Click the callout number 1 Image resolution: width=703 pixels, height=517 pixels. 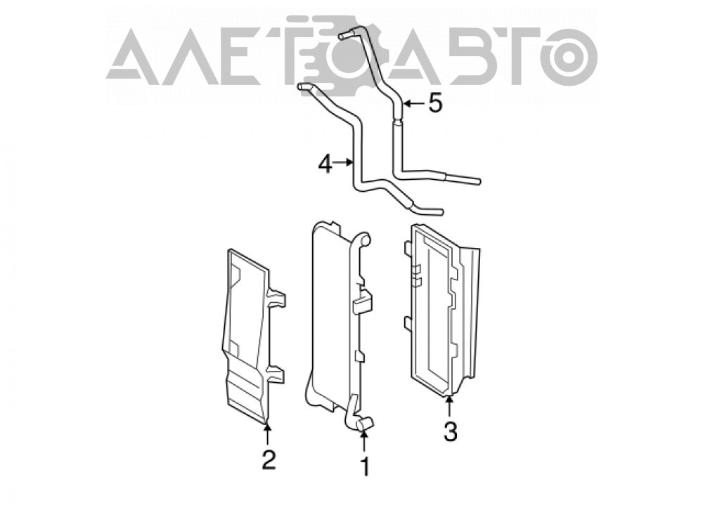tap(366, 466)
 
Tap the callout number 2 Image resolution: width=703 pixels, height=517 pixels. tap(269, 460)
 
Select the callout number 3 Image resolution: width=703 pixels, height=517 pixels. tap(450, 432)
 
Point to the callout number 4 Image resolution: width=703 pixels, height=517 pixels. tap(325, 164)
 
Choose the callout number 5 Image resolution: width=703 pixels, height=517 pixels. tap(435, 103)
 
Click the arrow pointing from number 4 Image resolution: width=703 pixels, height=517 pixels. tap(344, 163)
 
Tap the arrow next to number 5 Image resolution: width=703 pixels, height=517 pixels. tap(413, 104)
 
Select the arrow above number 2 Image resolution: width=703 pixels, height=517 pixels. tap(268, 433)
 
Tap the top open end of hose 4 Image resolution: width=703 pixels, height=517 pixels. tap(301, 86)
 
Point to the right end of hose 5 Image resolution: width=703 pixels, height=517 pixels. tap(478, 181)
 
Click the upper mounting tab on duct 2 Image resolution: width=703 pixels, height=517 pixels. tap(276, 298)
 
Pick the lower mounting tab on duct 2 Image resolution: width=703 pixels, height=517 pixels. tap(276, 374)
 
